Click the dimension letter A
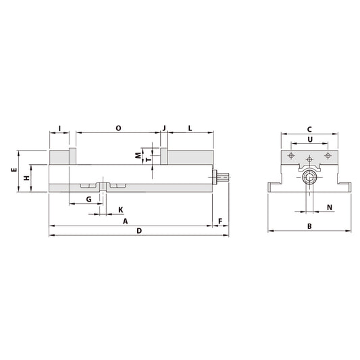point(124,221)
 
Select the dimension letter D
point(138,231)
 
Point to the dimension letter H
point(26,178)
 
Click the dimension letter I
point(59,127)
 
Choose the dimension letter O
point(118,127)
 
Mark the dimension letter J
point(163,127)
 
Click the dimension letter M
point(138,155)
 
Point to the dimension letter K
point(121,209)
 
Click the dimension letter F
point(221,221)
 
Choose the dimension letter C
point(309,128)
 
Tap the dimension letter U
point(309,140)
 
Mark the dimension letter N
point(330,207)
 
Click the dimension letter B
point(309,226)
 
